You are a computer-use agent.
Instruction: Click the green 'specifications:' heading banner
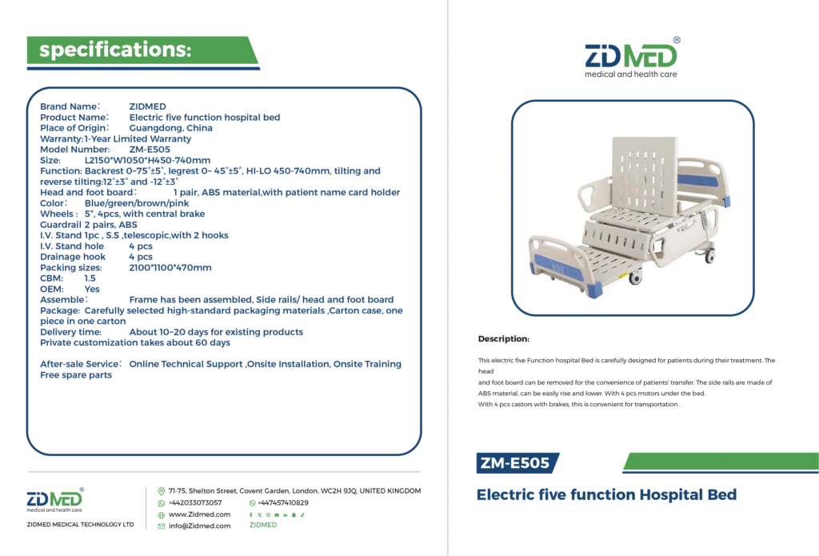click(142, 50)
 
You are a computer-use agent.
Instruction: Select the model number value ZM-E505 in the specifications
click(150, 150)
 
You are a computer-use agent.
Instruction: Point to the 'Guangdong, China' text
click(171, 128)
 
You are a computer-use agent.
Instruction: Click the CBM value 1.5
click(90, 278)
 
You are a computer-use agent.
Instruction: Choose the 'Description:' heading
click(504, 338)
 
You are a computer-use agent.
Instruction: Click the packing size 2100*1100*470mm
click(170, 267)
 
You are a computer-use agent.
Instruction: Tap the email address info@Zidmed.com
click(199, 526)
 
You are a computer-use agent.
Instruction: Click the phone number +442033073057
click(195, 502)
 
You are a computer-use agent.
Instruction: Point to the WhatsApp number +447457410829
click(282, 502)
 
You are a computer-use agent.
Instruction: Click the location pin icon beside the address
click(162, 491)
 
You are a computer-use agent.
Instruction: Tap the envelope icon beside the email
click(162, 526)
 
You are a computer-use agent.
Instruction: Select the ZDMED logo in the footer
click(55, 500)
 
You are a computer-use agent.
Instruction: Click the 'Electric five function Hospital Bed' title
click(606, 494)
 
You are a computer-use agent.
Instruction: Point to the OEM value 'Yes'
click(92, 289)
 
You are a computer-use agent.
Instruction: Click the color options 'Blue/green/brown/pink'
click(137, 203)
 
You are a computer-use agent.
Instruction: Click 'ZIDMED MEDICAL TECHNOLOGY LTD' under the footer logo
click(81, 524)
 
